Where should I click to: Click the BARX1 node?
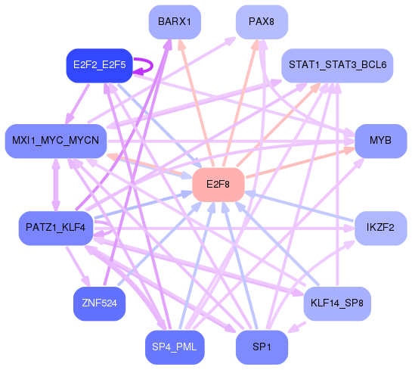[x=175, y=21]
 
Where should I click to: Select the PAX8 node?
[x=261, y=21]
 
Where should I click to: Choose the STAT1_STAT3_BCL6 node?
[x=337, y=66]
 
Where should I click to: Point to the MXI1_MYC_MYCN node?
[x=56, y=141]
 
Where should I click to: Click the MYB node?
[x=380, y=141]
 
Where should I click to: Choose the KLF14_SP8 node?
[x=337, y=303]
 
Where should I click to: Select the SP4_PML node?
[x=175, y=347]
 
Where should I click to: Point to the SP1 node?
[x=261, y=347]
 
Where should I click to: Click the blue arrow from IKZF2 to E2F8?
[x=302, y=208]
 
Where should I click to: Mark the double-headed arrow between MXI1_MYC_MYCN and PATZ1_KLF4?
[x=55, y=185]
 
